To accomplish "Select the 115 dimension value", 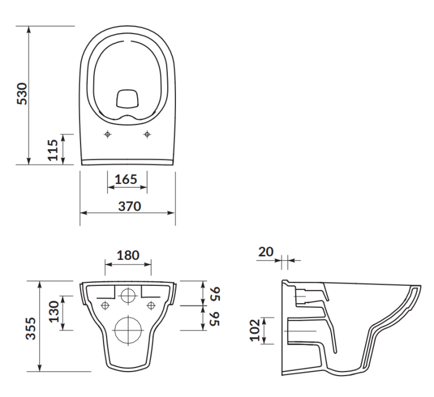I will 52,149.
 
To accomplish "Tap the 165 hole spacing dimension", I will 127,179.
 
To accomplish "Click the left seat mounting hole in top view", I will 107,134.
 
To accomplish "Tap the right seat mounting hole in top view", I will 146,134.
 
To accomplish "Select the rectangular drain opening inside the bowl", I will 127,99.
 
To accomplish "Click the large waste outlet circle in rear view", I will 127,330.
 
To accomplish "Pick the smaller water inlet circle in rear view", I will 127,295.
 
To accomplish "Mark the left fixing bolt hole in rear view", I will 105,305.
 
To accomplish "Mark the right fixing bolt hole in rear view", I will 150,305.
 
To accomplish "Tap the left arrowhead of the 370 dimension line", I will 82,212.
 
